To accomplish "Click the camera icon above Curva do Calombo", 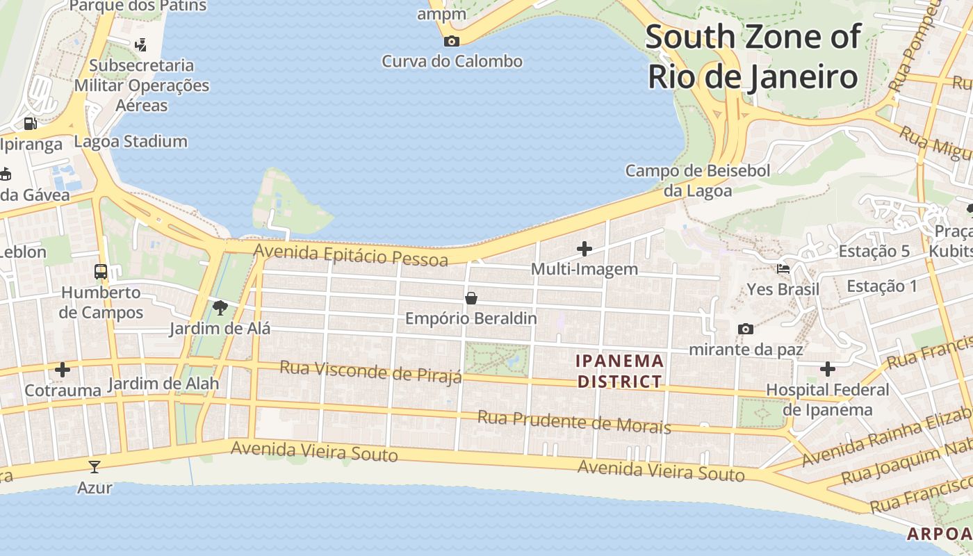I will [452, 41].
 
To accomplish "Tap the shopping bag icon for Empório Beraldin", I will [471, 298].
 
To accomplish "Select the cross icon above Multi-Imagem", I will [584, 248].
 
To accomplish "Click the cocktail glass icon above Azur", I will [95, 466].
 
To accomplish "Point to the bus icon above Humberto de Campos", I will [101, 271].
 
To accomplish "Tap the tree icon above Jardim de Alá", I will [220, 306].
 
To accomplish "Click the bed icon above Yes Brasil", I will [783, 269].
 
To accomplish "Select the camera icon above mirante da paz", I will [746, 329].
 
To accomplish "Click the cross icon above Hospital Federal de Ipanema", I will [827, 369].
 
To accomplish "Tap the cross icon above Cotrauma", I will [63, 370].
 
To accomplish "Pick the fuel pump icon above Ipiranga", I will [30, 124].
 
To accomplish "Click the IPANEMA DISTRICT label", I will [620, 371].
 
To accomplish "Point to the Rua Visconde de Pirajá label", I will [370, 372].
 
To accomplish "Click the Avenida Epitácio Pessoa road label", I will [351, 254].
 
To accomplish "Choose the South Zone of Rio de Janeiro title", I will [753, 57].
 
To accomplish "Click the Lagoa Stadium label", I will [131, 142].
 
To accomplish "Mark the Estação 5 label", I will [874, 252].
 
